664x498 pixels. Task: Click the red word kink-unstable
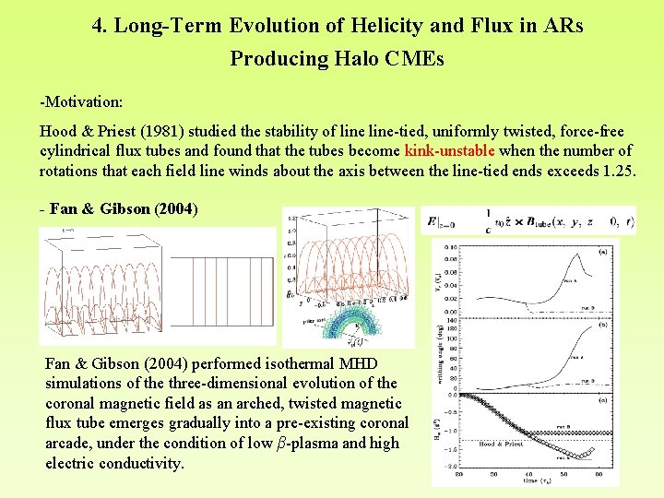coord(449,150)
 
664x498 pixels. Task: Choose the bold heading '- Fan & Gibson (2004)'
coord(118,208)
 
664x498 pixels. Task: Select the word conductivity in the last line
coord(139,463)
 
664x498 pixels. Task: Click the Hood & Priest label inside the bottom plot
coord(502,444)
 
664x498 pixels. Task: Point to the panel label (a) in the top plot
coord(601,250)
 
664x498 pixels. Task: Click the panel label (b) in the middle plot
coord(601,325)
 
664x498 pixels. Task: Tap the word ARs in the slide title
coord(563,26)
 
